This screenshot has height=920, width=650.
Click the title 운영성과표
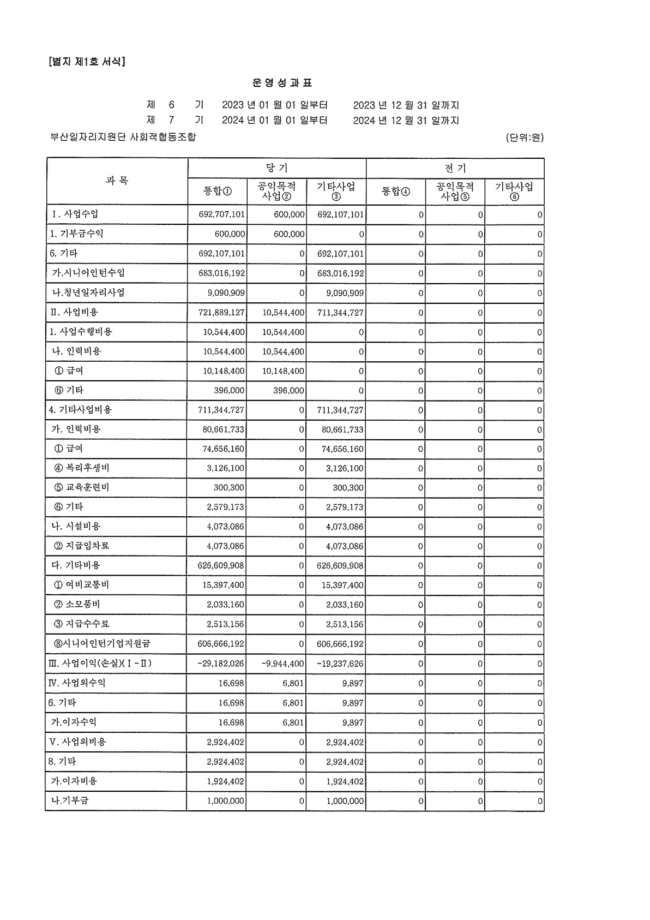(x=282, y=83)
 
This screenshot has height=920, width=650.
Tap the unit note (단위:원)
(x=525, y=138)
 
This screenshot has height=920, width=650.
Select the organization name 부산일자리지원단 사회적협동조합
(x=123, y=137)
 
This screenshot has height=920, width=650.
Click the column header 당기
(x=276, y=168)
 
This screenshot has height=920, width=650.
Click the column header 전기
(x=455, y=168)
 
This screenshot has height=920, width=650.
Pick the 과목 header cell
(x=117, y=181)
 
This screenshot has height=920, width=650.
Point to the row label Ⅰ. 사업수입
(x=76, y=214)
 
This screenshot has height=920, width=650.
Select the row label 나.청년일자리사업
(x=88, y=292)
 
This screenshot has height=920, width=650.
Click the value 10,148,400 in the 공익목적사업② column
(x=283, y=371)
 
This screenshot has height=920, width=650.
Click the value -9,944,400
(x=283, y=664)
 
